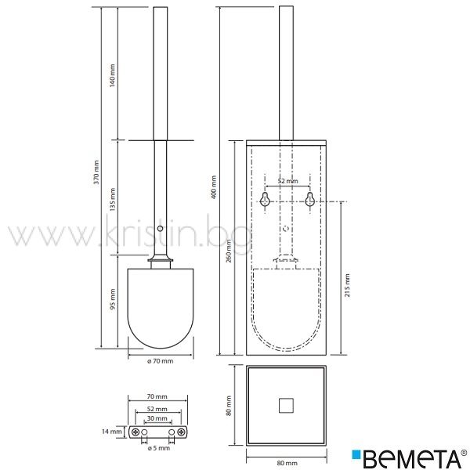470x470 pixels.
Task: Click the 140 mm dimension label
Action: [112, 75]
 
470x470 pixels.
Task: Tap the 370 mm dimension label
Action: [96, 172]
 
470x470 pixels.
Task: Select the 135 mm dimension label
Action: [112, 199]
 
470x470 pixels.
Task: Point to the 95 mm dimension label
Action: [112, 299]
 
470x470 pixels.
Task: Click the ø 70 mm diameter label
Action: [161, 361]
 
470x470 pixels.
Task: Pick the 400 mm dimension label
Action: [214, 187]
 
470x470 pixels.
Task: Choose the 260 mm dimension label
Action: [229, 251]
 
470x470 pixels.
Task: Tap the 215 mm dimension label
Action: [347, 285]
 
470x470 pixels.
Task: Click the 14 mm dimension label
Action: [112, 432]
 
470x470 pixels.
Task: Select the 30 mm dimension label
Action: [157, 418]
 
